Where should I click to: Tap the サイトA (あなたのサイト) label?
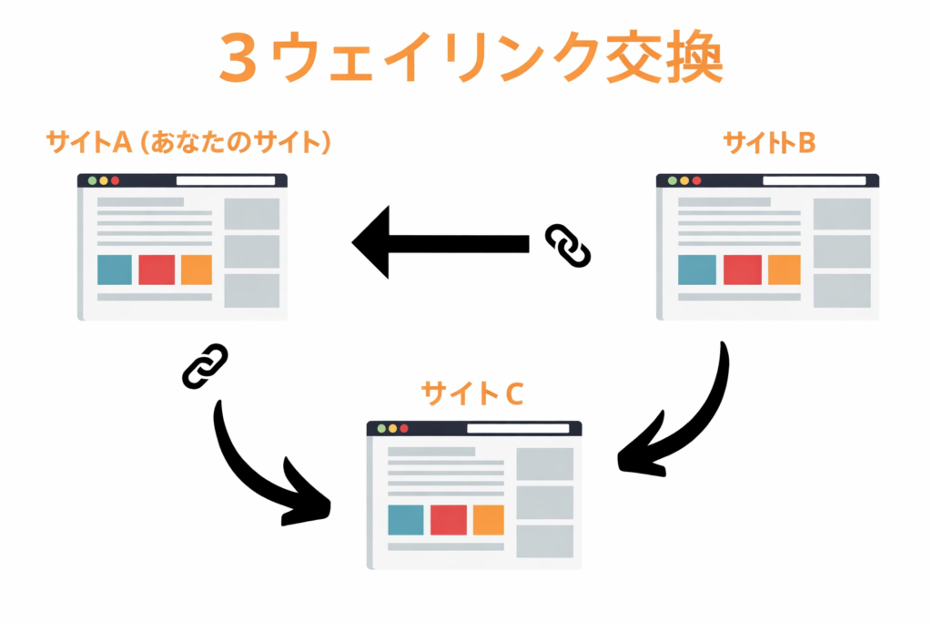pyautogui.click(x=187, y=143)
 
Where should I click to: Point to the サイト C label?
pyautogui.click(x=471, y=393)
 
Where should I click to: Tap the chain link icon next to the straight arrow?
pyautogui.click(x=568, y=246)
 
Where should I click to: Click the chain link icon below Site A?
pyautogui.click(x=205, y=366)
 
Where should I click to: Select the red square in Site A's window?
pyautogui.click(x=157, y=270)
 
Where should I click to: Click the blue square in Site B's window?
pyautogui.click(x=697, y=270)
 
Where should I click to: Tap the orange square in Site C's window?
pyautogui.click(x=488, y=519)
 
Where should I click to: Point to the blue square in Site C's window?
pyautogui.click(x=405, y=519)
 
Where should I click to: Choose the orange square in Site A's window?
pyautogui.click(x=197, y=270)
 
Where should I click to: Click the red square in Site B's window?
pyautogui.click(x=742, y=270)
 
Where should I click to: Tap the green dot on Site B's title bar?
pyautogui.click(x=673, y=180)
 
